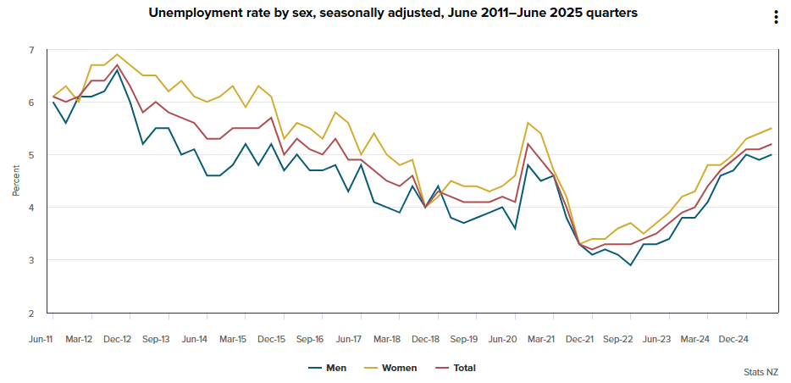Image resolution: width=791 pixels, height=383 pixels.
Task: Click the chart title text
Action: tap(393, 13)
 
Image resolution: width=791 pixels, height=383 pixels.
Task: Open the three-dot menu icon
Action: tap(776, 18)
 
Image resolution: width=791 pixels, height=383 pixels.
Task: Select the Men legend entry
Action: tap(336, 368)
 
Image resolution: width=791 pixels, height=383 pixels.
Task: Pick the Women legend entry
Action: tap(399, 368)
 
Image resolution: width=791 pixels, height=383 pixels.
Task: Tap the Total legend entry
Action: tap(464, 368)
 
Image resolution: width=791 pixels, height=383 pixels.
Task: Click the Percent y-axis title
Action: tap(15, 181)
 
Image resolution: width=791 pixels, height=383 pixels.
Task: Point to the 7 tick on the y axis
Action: tap(31, 50)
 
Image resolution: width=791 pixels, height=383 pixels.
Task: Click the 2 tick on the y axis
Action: tap(31, 313)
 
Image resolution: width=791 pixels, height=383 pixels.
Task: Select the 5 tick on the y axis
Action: tap(31, 155)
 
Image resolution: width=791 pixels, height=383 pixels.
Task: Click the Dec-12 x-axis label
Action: tap(117, 339)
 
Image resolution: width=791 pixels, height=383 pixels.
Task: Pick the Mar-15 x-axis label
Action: tap(233, 339)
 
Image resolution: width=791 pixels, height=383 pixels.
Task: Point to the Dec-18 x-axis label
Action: tap(425, 339)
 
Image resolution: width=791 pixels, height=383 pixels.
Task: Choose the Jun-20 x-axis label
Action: tap(502, 339)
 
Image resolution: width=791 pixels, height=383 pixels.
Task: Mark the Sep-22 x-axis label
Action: tap(618, 339)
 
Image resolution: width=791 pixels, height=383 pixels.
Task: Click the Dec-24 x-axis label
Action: tap(733, 339)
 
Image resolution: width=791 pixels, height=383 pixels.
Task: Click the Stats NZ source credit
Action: tap(761, 371)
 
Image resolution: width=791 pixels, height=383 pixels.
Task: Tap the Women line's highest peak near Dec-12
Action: tap(117, 55)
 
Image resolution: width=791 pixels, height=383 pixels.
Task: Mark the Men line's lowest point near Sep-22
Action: tap(630, 265)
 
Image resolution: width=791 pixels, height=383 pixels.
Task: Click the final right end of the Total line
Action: tap(772, 144)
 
